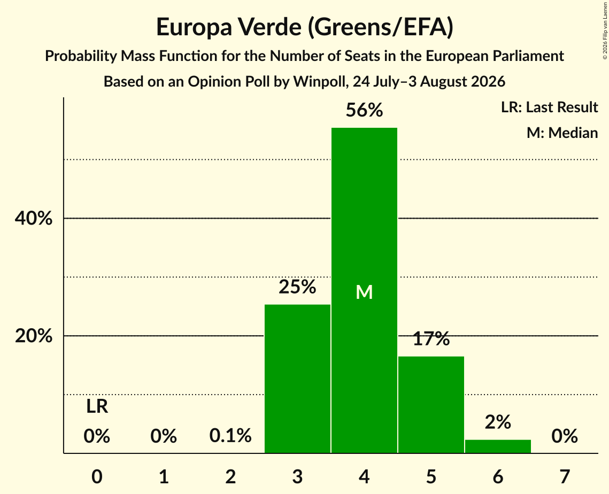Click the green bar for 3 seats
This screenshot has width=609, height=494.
pos(297,379)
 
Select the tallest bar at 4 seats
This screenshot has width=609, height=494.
pos(364,290)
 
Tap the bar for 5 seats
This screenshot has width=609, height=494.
pos(431,405)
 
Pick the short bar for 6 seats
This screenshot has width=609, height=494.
pos(498,446)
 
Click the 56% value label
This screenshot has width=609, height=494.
pos(364,110)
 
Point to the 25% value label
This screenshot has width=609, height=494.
pos(297,287)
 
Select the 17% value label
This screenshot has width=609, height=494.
pos(431,338)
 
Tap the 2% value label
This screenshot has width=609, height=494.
pos(498,422)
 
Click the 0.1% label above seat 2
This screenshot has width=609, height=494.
pos(230,436)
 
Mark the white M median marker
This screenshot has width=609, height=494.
pos(364,292)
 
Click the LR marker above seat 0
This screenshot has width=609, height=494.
pos(97,407)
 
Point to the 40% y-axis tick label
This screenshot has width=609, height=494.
pos(34,218)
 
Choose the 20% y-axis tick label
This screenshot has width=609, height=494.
pos(34,336)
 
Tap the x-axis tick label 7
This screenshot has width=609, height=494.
pos(565,476)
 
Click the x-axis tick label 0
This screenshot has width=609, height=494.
pos(97,476)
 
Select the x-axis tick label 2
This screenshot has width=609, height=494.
pos(230,476)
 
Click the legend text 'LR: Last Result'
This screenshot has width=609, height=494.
pos(550,107)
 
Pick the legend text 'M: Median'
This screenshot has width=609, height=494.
pos(562,133)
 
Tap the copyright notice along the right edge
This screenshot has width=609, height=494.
pos(605,30)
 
